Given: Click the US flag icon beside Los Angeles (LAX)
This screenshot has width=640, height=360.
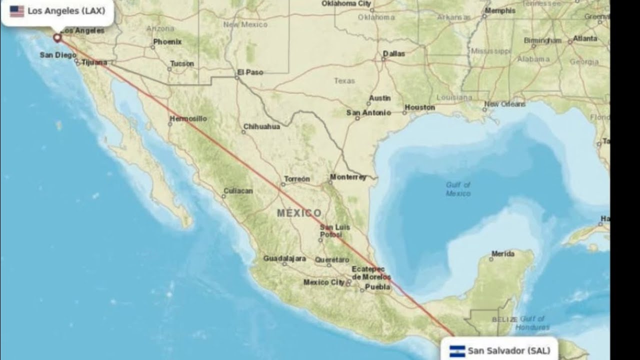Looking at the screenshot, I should click(x=17, y=11).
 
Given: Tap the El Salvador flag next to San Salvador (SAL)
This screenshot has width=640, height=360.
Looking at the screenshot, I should click(x=457, y=351).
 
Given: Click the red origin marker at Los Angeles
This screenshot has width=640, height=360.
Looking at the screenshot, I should click(x=57, y=37).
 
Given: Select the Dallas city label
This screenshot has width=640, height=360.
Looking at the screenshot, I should click(x=394, y=53).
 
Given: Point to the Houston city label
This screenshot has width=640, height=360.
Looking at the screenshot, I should click(x=419, y=107).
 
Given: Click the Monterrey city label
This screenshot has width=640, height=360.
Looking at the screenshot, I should click(x=348, y=177).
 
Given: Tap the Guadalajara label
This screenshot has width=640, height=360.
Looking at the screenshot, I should click(x=284, y=258).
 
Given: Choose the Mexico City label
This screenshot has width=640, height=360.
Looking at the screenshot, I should click(x=324, y=282).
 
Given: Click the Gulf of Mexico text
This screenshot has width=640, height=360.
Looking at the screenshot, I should click(x=458, y=189).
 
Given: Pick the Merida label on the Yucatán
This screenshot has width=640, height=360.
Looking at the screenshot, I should click(x=502, y=254).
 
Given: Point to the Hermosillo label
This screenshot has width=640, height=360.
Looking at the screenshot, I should click(x=188, y=118).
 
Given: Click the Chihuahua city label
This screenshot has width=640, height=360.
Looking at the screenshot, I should click(x=261, y=126).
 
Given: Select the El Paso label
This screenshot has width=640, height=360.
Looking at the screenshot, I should click(x=250, y=72).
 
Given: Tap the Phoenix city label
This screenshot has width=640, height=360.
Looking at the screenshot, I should click(x=167, y=42).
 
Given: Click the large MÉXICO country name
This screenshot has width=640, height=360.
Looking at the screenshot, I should click(x=299, y=213).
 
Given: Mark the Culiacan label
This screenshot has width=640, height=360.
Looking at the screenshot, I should click(x=238, y=191).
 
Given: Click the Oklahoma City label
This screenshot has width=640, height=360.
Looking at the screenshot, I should click(x=346, y=3).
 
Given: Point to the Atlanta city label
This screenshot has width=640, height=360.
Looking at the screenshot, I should click(x=585, y=38).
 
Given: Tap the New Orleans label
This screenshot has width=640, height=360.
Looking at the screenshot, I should click(x=504, y=104).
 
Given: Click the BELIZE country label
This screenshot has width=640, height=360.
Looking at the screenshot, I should click(x=504, y=319).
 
